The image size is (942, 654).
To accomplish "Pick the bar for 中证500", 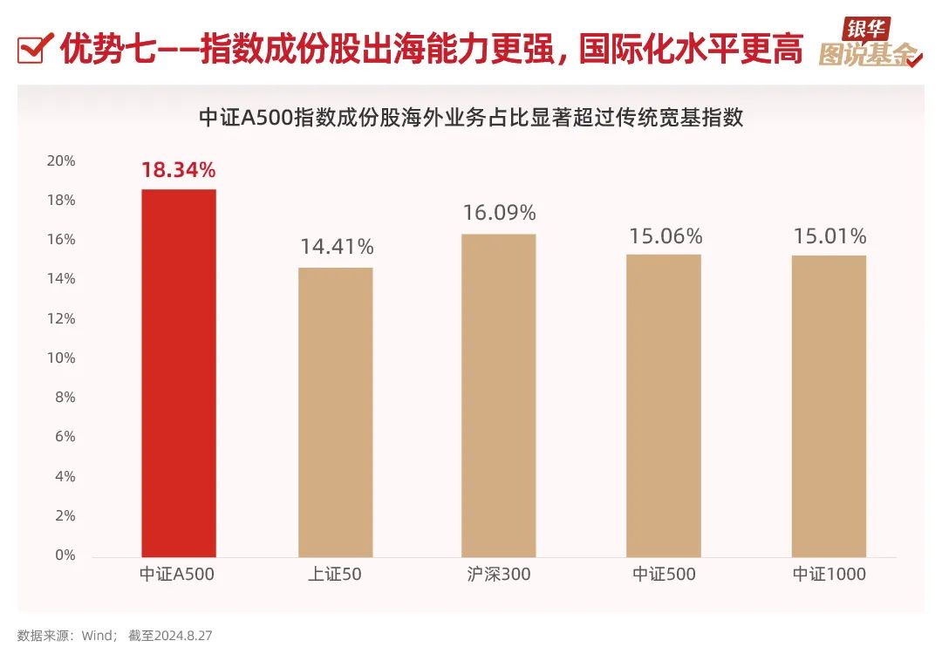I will point(664,405).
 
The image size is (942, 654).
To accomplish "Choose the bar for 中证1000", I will point(829,405).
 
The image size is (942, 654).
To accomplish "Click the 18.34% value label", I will point(178,170).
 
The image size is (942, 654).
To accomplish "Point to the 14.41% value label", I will point(337,247).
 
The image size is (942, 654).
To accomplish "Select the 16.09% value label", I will point(499,214).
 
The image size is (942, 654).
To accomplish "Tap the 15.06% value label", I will point(665,236).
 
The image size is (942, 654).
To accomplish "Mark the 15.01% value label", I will point(829,236).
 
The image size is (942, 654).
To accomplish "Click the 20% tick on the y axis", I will point(61,161).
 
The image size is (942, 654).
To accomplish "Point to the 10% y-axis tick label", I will point(61,358).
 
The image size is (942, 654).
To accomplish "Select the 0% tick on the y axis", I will point(65,555).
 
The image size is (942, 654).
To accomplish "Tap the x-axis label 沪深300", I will point(499,575).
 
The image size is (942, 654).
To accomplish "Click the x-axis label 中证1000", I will point(829,575).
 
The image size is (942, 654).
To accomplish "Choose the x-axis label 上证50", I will point(336,575).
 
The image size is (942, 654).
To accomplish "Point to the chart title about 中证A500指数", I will point(471,118).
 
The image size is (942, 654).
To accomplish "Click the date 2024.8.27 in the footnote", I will point(183,636).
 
